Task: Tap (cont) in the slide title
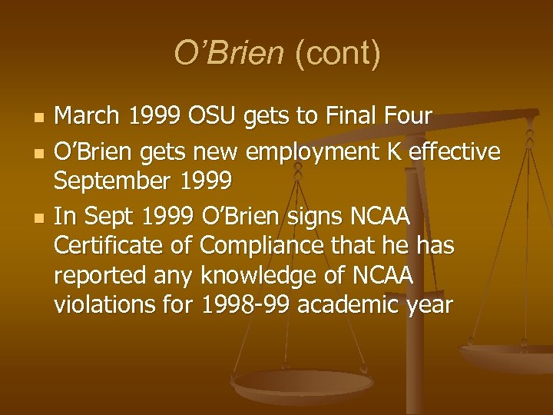tap(332, 54)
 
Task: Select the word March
tap(86, 116)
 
